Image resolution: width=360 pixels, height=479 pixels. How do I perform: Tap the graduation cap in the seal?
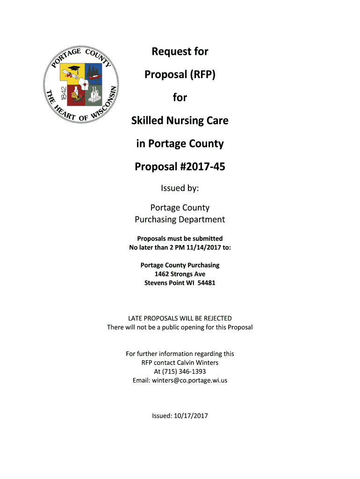[x=75, y=69]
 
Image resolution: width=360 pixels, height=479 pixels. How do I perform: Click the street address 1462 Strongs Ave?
[x=180, y=274]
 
